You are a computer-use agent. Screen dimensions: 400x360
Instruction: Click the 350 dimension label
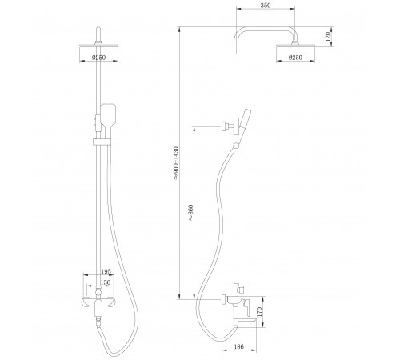[x=266, y=6]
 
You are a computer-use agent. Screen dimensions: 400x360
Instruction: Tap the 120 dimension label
[x=328, y=36]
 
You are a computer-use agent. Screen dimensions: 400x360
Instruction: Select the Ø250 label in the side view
[x=295, y=58]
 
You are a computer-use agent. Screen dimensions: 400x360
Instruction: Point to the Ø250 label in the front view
[x=98, y=58]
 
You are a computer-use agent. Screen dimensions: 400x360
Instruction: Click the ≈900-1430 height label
[x=176, y=162]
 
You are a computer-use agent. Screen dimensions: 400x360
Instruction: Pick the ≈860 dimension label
[x=190, y=213]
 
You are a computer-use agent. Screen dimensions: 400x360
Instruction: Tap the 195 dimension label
[x=106, y=271]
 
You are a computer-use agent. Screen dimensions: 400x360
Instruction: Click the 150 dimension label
[x=106, y=282]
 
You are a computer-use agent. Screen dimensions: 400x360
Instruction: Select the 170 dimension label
[x=259, y=312]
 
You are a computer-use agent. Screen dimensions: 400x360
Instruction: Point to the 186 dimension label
[x=239, y=346]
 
